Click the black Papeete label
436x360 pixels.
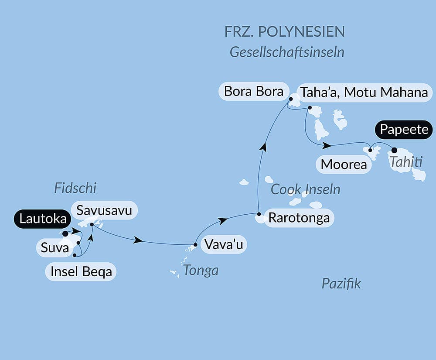click(404, 130)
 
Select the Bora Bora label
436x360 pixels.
click(253, 92)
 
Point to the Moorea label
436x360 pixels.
click(340, 165)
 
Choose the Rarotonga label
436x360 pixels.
click(299, 218)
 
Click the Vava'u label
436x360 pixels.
click(223, 244)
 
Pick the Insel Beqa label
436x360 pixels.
click(82, 272)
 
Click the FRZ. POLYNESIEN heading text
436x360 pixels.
click(284, 31)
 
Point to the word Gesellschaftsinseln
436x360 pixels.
click(287, 52)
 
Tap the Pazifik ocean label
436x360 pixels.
click(341, 284)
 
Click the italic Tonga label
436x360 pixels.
click(201, 271)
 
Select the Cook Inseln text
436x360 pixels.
click(305, 189)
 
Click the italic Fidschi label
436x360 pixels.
click(75, 188)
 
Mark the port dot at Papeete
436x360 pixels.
click(395, 150)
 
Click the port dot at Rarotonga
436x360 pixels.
click(259, 214)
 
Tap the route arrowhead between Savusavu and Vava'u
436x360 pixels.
click(139, 240)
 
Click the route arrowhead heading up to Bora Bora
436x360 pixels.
click(263, 147)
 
